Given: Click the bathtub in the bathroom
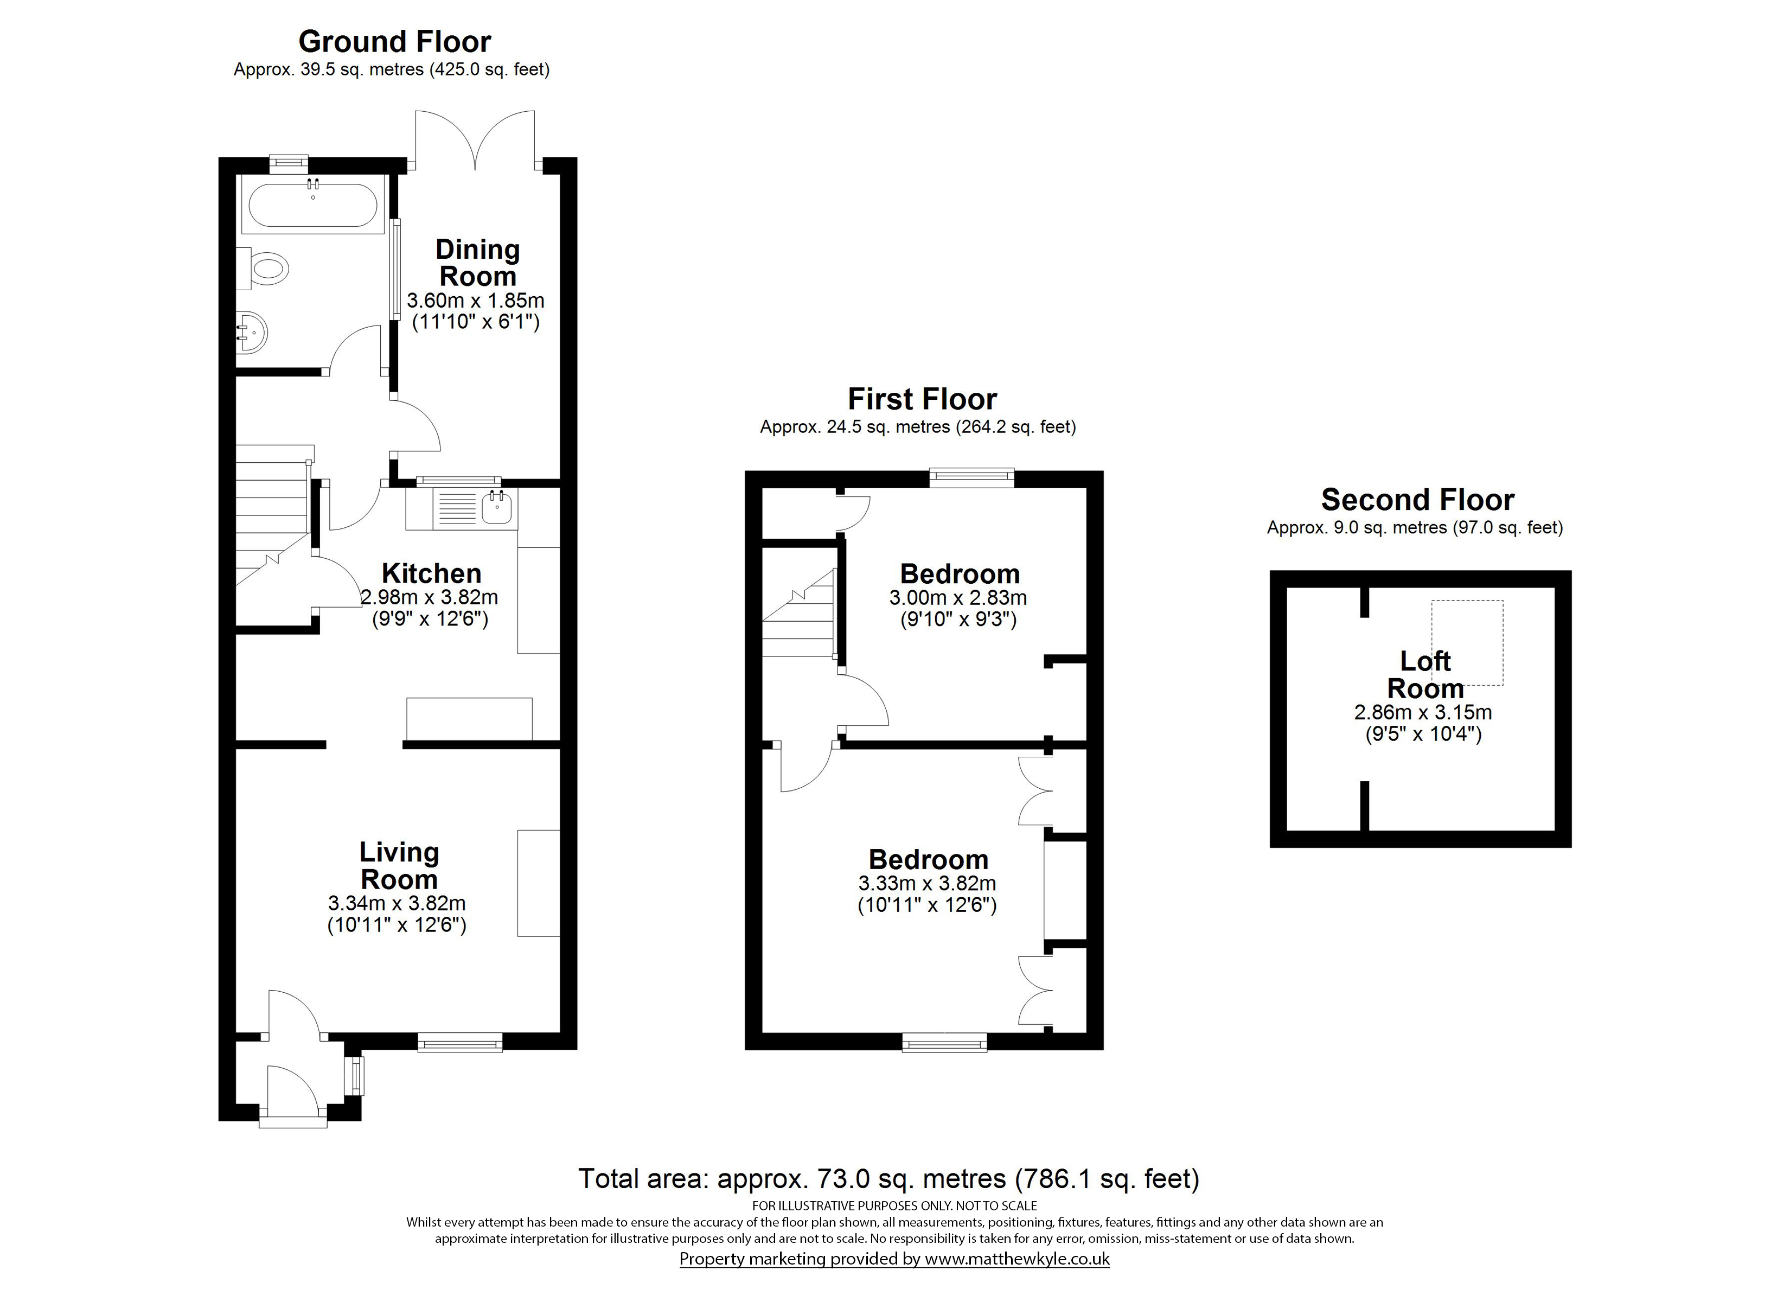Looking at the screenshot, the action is coord(314,205).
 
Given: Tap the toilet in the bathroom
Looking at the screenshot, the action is coord(264,267).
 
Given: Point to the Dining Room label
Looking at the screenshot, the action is coord(477,263).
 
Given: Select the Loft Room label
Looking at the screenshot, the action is coord(1425,674).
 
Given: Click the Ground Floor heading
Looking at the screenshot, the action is coord(395,41).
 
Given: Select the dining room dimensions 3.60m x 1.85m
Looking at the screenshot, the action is coord(476,301).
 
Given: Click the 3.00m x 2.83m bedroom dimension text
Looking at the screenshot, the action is coord(958,598).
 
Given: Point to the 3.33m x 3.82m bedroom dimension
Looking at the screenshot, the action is coord(928,884).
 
